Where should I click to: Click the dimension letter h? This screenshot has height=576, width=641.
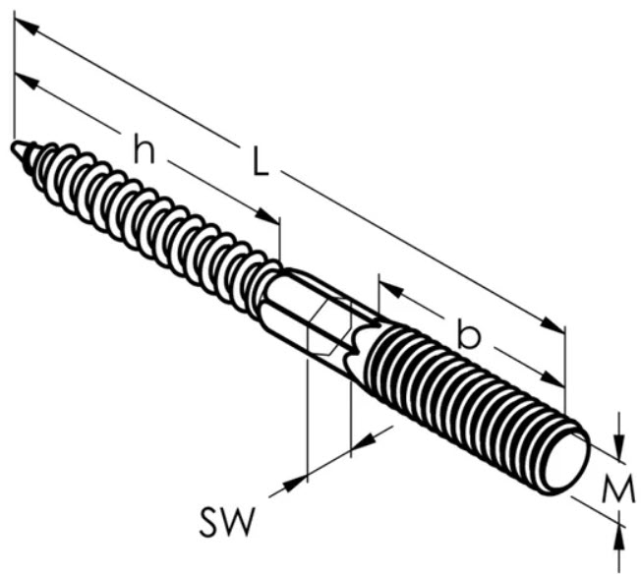(144, 148)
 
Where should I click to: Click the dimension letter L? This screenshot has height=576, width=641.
(261, 161)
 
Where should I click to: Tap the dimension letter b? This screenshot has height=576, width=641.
(469, 334)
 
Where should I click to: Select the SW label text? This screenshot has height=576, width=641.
(226, 521)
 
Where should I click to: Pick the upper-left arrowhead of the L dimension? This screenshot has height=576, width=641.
(27, 27)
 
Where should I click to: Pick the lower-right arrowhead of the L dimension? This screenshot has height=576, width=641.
(553, 323)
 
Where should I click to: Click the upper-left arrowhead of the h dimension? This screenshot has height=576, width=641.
(27, 83)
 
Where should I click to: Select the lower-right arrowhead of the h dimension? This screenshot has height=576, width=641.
(268, 216)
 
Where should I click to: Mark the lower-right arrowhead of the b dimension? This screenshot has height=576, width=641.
(553, 378)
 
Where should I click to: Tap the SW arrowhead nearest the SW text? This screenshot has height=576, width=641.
(294, 483)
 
